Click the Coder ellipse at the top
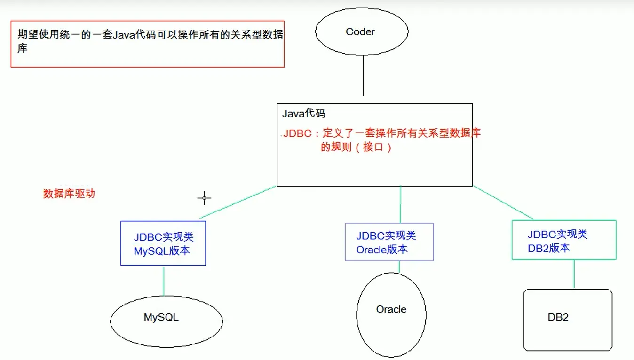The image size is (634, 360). click(x=361, y=32)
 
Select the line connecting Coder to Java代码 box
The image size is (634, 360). click(x=363, y=75)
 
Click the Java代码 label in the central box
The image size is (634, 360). click(x=304, y=114)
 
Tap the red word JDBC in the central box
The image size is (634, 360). click(x=297, y=133)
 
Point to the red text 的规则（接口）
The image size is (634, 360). click(x=356, y=147)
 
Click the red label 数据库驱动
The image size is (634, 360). click(x=69, y=194)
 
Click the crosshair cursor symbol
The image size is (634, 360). click(x=204, y=198)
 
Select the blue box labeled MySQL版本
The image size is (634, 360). click(x=163, y=243)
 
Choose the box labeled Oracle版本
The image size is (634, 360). click(x=389, y=242)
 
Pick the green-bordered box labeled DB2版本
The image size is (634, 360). click(x=563, y=240)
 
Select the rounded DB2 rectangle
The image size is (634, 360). click(x=567, y=320)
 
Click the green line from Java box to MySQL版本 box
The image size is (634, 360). click(x=238, y=202)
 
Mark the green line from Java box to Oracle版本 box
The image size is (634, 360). click(x=400, y=204)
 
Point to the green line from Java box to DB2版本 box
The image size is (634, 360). click(x=503, y=203)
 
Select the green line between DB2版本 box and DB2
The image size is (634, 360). click(x=574, y=274)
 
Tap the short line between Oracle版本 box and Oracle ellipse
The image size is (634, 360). click(x=399, y=266)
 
